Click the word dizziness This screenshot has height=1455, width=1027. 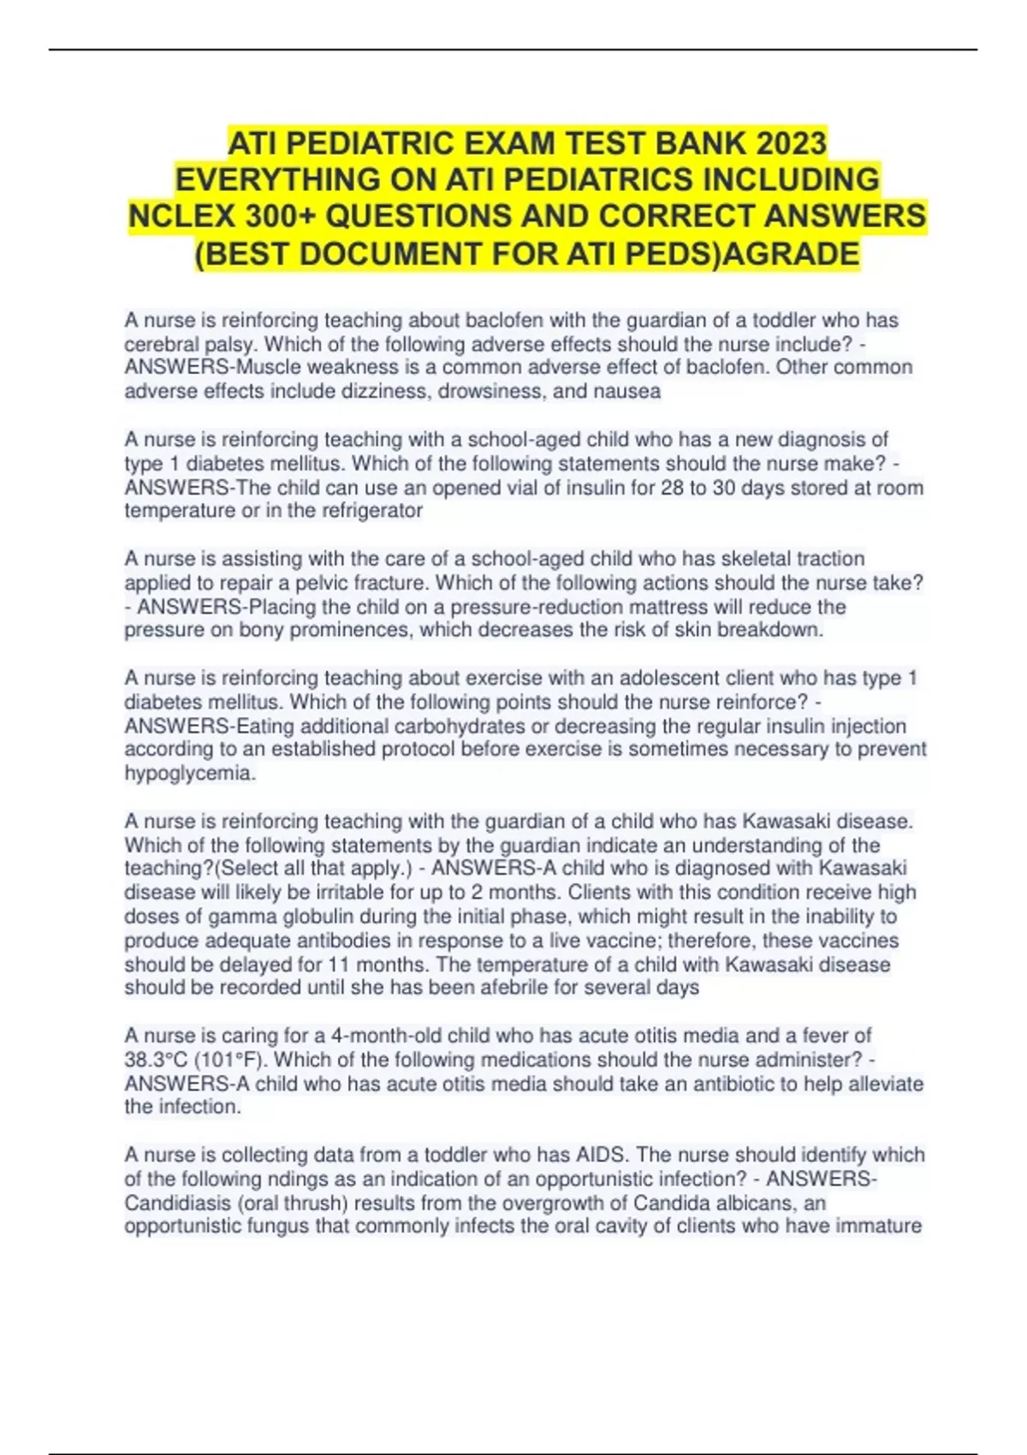coord(392,391)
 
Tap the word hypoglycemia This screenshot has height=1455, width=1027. coord(188,774)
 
